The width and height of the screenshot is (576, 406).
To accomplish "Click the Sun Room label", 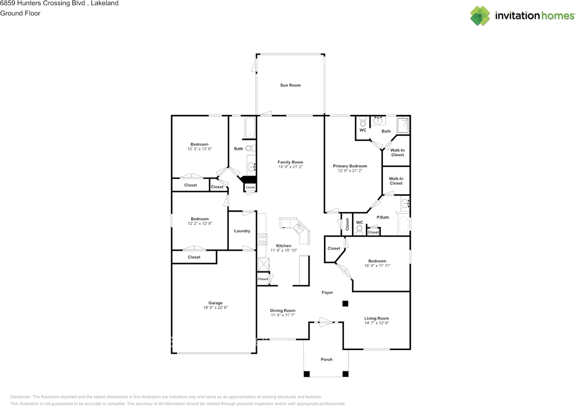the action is (x=290, y=85).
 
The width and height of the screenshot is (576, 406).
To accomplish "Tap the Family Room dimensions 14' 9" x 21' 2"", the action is (x=290, y=167).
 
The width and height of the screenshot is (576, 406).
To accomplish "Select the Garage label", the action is (x=216, y=303).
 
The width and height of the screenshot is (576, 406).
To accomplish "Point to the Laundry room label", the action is (x=242, y=231).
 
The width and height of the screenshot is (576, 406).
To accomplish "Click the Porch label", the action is (x=327, y=360).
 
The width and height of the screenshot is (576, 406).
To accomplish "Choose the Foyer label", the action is (x=327, y=292).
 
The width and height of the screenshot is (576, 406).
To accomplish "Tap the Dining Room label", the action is (x=283, y=310).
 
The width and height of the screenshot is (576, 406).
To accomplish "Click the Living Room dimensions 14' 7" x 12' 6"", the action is (x=377, y=323).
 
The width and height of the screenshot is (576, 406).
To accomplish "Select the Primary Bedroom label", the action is (x=350, y=166).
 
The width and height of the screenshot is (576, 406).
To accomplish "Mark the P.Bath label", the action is (x=383, y=217).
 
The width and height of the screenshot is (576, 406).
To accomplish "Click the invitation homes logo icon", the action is (x=480, y=16).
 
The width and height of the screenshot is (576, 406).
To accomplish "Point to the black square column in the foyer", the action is (x=345, y=304).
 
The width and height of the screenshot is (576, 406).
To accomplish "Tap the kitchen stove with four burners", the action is (x=262, y=239).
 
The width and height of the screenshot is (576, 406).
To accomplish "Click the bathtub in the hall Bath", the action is (x=250, y=128).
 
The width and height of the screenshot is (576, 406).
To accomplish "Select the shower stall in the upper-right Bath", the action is (x=403, y=125).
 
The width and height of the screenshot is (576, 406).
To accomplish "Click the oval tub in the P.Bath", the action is (x=404, y=224).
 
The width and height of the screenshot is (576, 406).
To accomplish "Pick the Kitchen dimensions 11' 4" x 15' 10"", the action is (x=283, y=250).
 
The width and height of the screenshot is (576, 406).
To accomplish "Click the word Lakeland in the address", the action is (x=105, y=3).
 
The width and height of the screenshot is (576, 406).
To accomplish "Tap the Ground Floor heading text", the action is (x=20, y=14).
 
